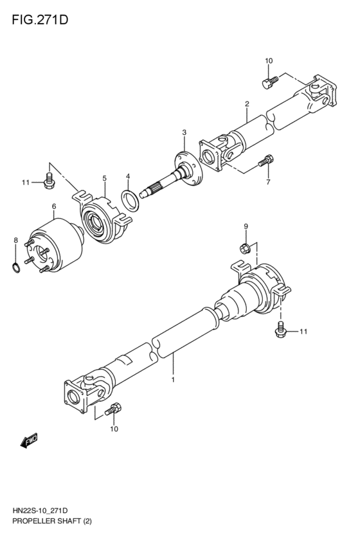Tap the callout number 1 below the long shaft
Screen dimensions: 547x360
pos(172,381)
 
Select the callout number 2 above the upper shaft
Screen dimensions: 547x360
pos(247,103)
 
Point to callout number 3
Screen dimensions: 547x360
pos(184,132)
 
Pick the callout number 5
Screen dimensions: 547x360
pos(104,178)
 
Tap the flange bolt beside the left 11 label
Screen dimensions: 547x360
pos(48,183)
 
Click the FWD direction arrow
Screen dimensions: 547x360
pos(29,440)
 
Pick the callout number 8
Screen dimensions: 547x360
pos(15,240)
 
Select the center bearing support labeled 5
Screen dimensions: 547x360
pos(103,219)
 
